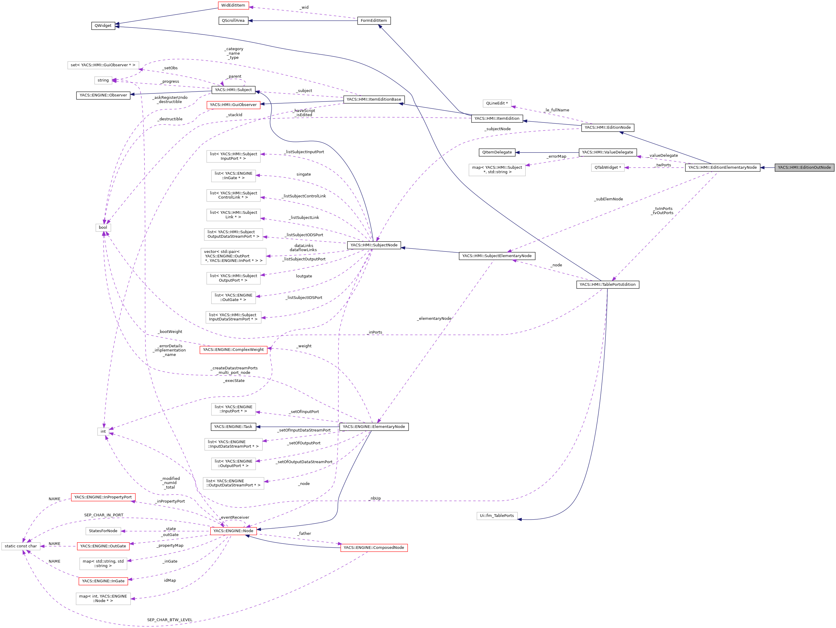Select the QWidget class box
click(103, 26)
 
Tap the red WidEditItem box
click(233, 5)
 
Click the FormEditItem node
click(373, 20)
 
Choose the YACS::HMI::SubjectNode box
click(374, 245)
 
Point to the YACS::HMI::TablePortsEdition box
click(607, 285)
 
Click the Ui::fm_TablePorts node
click(497, 515)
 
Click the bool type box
click(103, 228)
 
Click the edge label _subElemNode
click(608, 199)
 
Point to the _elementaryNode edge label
click(434, 319)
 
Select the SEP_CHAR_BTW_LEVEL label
click(170, 620)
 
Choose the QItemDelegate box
click(497, 152)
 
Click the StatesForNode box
click(103, 531)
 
